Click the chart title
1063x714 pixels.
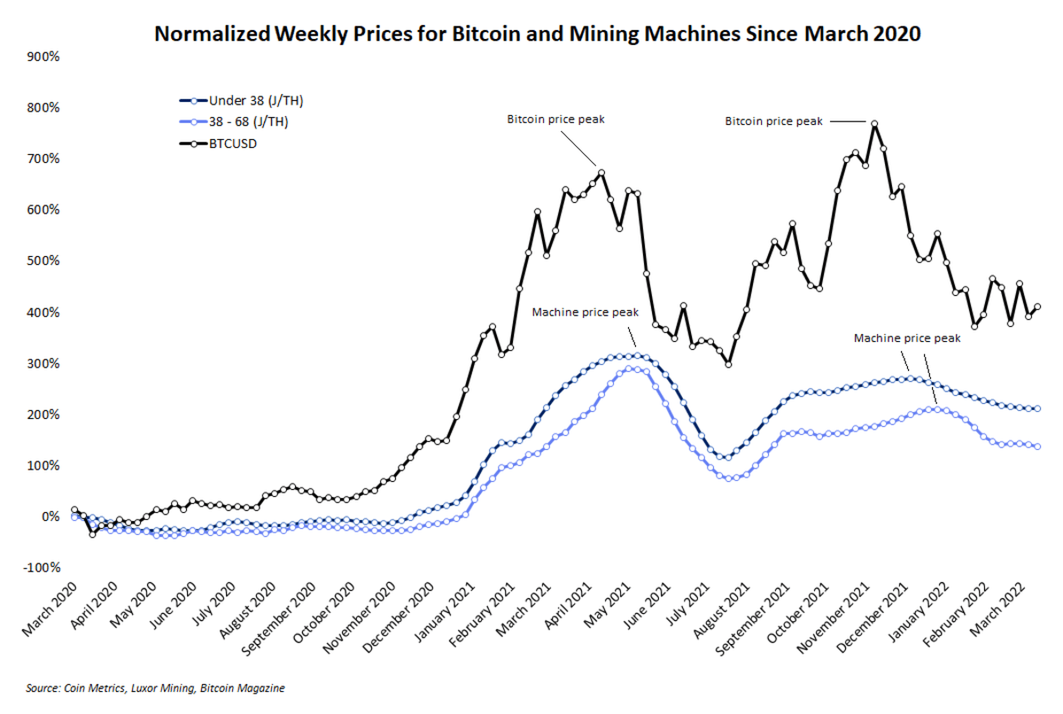click(x=538, y=34)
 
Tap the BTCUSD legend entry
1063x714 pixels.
click(x=232, y=142)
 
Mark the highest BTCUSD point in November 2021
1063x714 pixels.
click(x=874, y=124)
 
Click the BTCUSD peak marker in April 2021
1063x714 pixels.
click(x=601, y=173)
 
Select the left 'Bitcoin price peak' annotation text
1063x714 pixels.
click(x=555, y=119)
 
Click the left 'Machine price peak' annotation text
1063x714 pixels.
click(x=585, y=312)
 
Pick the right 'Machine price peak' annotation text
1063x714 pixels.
click(x=907, y=338)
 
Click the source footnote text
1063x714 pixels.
click(x=155, y=687)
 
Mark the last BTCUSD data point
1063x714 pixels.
click(x=1037, y=307)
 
